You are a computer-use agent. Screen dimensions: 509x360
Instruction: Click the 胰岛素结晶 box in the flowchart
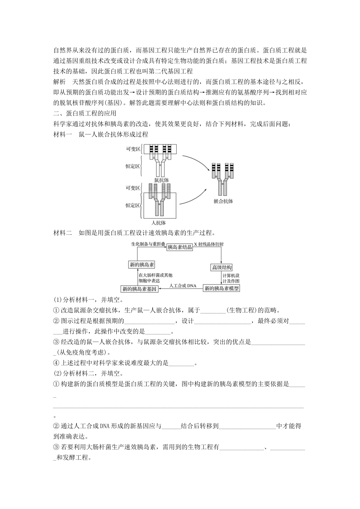click(180, 247)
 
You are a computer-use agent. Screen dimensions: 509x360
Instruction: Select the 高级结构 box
click(222, 267)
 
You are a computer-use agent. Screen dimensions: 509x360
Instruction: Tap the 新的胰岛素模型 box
click(222, 289)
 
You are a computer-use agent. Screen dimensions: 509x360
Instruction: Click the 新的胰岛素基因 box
click(139, 289)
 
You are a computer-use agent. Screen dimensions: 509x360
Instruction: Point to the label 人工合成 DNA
click(183, 286)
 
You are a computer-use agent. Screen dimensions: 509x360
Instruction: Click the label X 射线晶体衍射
click(209, 244)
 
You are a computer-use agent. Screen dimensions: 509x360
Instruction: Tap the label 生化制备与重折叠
click(148, 244)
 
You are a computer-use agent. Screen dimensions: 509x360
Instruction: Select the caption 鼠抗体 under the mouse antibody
click(161, 180)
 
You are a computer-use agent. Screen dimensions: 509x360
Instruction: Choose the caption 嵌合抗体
click(223, 201)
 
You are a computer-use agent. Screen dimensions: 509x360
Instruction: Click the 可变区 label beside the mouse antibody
click(133, 149)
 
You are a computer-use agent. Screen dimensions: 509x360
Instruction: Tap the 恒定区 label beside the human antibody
click(133, 205)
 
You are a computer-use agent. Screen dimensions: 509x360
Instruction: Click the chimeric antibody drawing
click(224, 178)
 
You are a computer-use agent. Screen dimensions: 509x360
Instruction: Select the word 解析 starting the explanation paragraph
click(60, 82)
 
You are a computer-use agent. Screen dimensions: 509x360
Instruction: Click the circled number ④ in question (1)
click(56, 363)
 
